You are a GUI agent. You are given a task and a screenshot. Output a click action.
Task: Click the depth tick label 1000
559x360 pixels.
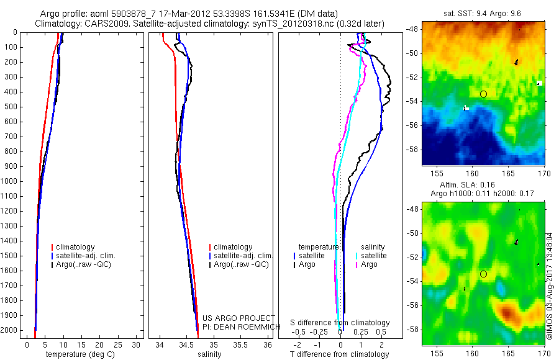pyautogui.click(x=11, y=181)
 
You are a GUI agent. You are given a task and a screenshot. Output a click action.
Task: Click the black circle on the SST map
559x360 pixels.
pyautogui.click(x=483, y=94)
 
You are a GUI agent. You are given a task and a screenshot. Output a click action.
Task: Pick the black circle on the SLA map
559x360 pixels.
pyautogui.click(x=483, y=274)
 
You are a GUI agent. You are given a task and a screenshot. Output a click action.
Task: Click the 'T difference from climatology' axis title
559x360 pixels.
pyautogui.click(x=340, y=354)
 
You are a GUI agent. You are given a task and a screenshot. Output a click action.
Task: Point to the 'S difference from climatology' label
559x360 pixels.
pyautogui.click(x=340, y=323)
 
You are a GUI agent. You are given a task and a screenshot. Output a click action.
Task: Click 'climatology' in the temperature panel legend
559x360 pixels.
pyautogui.click(x=75, y=247)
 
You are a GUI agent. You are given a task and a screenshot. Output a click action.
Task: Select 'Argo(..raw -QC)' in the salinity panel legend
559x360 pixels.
pyautogui.click(x=241, y=264)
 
